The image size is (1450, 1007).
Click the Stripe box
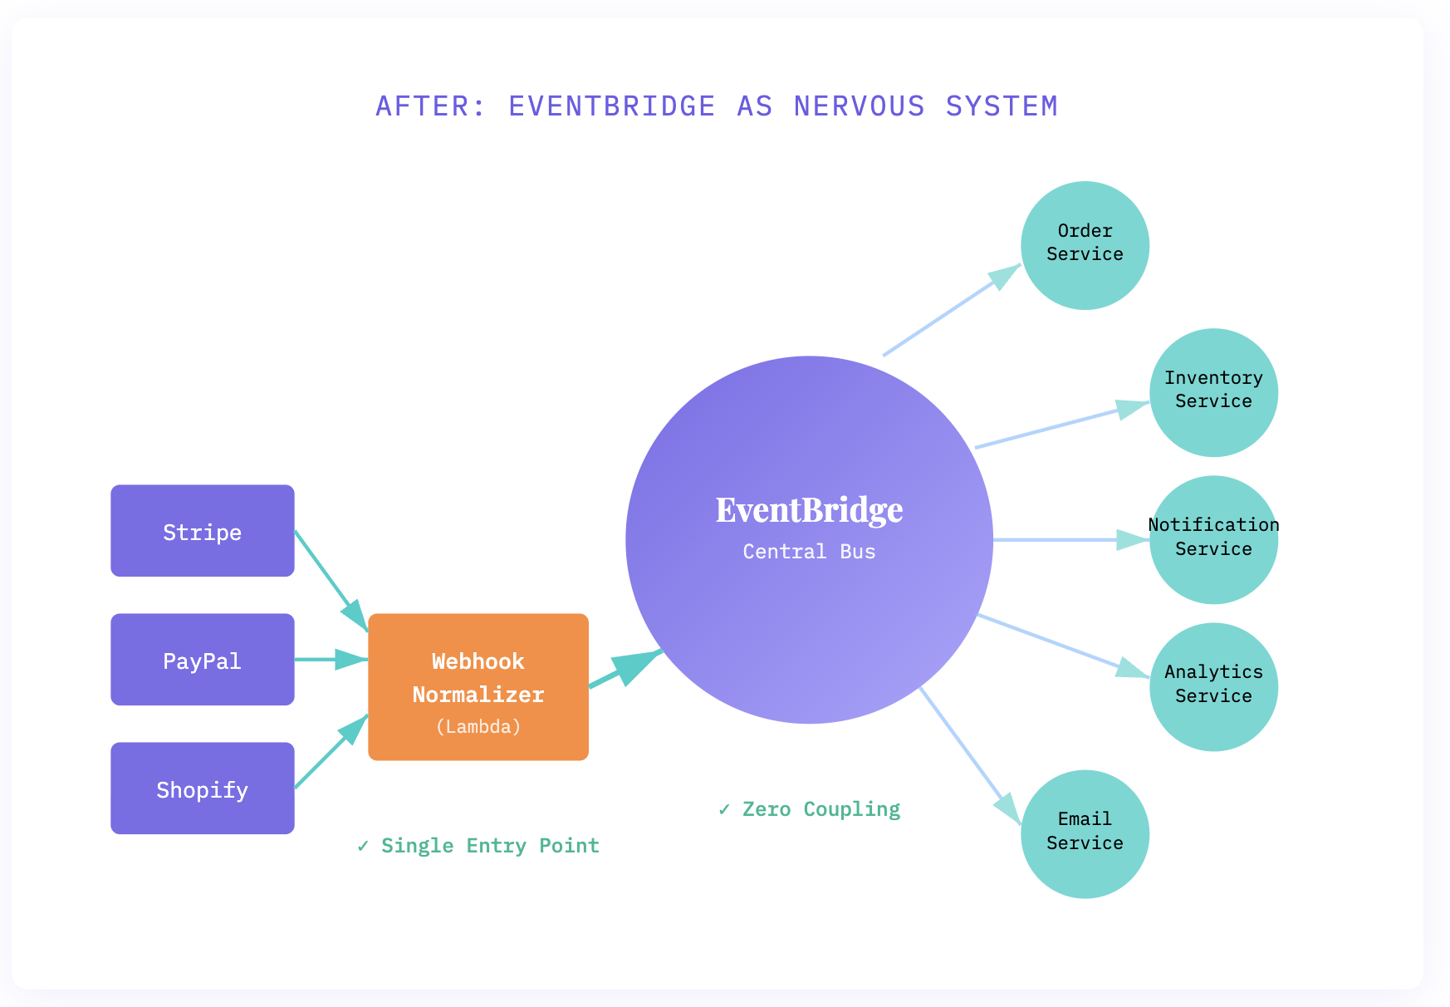coord(202,531)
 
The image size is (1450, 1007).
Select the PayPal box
coord(202,660)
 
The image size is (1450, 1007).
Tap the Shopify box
coord(202,788)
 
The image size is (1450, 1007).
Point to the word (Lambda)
coord(478,727)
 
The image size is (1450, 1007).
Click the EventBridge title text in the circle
coord(809,510)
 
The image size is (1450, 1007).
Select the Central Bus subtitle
coord(809,552)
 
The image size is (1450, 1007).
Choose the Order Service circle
coord(1085,245)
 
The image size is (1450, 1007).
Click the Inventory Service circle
coord(1213,392)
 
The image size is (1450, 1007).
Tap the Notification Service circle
coord(1213,539)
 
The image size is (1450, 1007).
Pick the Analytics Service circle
coord(1213,687)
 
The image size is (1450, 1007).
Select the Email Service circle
coord(1085,834)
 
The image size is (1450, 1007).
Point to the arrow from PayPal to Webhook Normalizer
coord(329,660)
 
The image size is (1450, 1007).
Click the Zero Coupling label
coord(810,809)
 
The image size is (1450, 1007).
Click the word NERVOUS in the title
coord(859,106)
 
